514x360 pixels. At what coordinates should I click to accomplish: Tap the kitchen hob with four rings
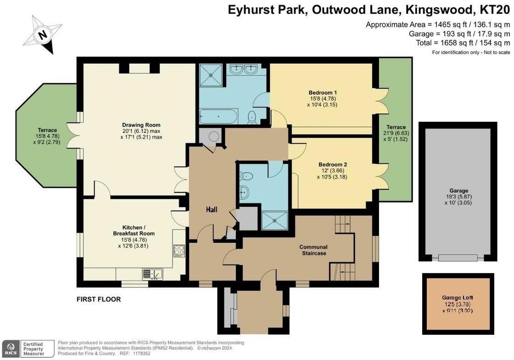point(179,250)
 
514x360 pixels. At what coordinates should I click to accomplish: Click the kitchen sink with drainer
point(151,274)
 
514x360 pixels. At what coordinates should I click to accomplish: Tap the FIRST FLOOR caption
point(98,299)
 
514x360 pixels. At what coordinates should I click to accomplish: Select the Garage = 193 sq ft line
point(459,34)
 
